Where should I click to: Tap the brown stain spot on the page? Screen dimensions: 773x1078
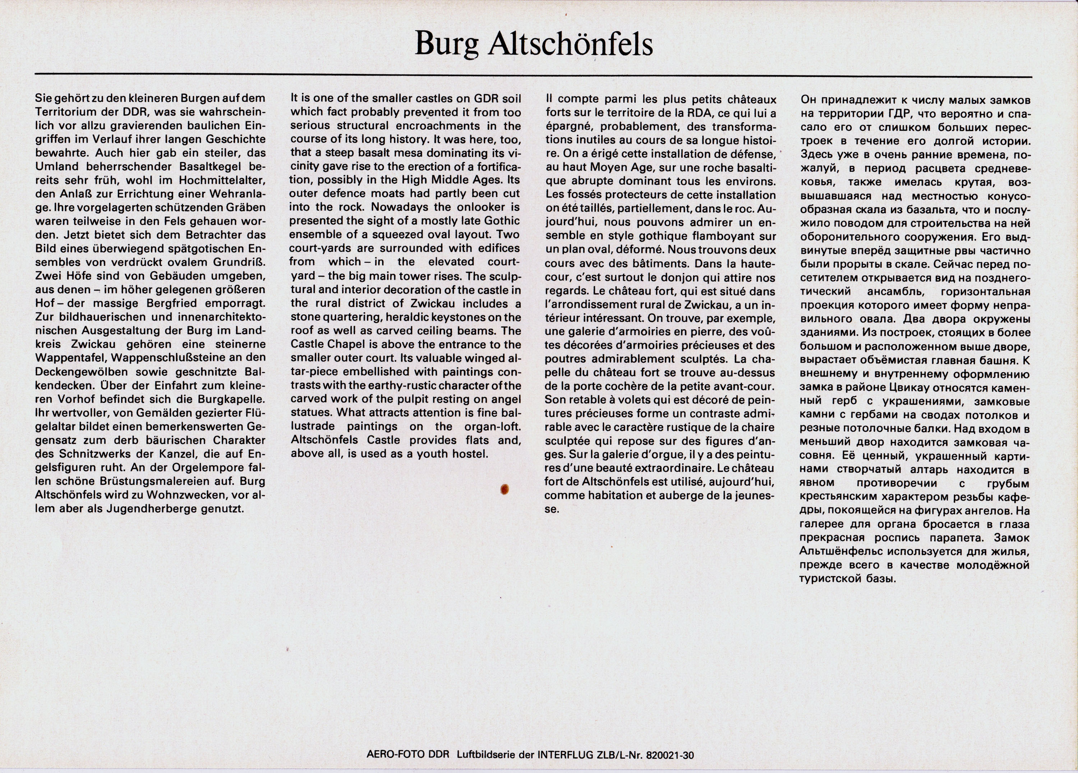point(505,489)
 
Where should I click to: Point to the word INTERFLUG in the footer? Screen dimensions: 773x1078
point(564,755)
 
